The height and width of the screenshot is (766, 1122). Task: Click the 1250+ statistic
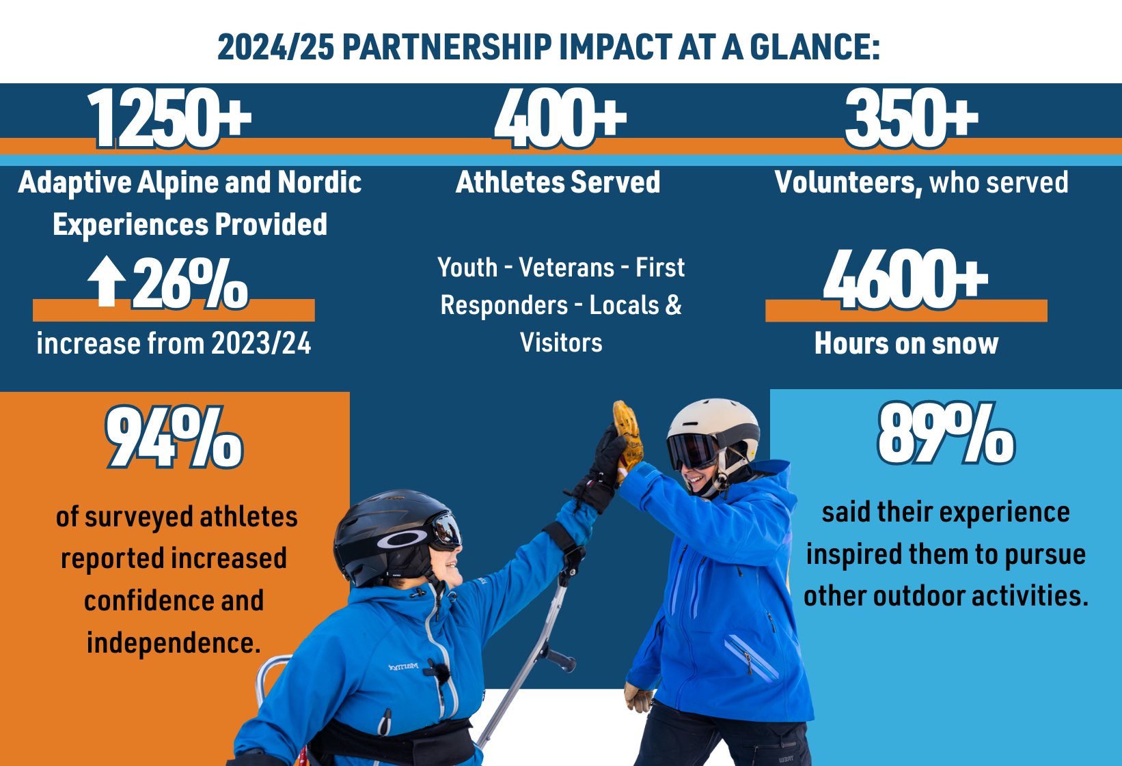pyautogui.click(x=169, y=118)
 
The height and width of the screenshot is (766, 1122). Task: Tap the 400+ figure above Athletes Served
pyautogui.click(x=560, y=118)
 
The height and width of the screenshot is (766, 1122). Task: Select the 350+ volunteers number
pyautogui.click(x=912, y=118)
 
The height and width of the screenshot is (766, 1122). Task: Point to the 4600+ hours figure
pyautogui.click(x=905, y=280)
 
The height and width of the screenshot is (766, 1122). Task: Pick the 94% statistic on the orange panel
pyautogui.click(x=174, y=438)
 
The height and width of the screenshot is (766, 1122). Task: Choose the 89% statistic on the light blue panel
pyautogui.click(x=946, y=434)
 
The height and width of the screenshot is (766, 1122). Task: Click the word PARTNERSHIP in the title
pyautogui.click(x=448, y=48)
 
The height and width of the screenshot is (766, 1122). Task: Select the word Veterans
pyautogui.click(x=566, y=267)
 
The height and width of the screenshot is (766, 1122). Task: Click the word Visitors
pyautogui.click(x=561, y=343)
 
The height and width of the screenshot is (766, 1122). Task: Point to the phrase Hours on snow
pyautogui.click(x=906, y=343)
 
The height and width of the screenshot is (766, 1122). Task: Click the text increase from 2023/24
pyautogui.click(x=174, y=343)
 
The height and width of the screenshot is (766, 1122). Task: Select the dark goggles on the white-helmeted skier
pyautogui.click(x=692, y=451)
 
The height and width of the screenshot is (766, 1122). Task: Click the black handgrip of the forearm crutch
pyautogui.click(x=562, y=660)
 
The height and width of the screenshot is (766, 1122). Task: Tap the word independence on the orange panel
pyautogui.click(x=174, y=643)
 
